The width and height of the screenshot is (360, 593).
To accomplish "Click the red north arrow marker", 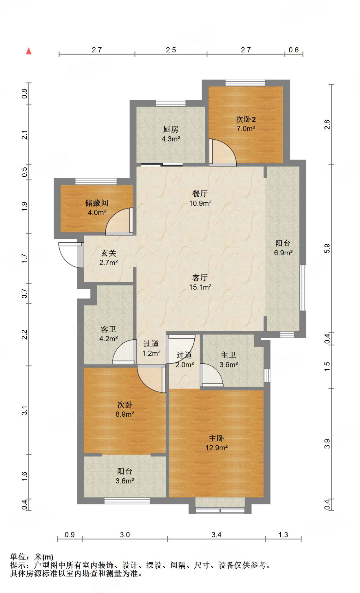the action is pyautogui.click(x=29, y=51).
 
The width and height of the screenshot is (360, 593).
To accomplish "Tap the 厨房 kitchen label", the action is pyautogui.click(x=171, y=129).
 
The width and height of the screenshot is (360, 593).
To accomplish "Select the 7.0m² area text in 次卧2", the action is pyautogui.click(x=246, y=129).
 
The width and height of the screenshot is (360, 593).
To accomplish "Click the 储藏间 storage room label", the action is pyautogui.click(x=97, y=203).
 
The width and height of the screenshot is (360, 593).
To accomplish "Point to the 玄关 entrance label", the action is pyautogui.click(x=109, y=253).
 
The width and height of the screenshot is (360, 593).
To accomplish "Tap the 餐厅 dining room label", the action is pyautogui.click(x=200, y=193).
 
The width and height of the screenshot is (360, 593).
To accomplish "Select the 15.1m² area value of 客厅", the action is pyautogui.click(x=200, y=287).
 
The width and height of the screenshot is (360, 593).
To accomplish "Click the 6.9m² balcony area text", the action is pyautogui.click(x=283, y=253).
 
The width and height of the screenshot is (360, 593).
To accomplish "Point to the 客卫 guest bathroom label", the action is pyautogui.click(x=109, y=329).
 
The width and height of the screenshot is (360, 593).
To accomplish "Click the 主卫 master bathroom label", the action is pyautogui.click(x=229, y=355).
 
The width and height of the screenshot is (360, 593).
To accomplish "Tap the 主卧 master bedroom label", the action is pyautogui.click(x=216, y=438).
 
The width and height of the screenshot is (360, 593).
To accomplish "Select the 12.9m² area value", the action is pyautogui.click(x=217, y=448).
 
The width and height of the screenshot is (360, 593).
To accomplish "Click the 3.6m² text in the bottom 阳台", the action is pyautogui.click(x=125, y=481).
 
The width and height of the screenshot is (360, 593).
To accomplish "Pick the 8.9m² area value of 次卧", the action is pyautogui.click(x=125, y=414).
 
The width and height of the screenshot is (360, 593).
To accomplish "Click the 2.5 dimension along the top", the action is pyautogui.click(x=171, y=50).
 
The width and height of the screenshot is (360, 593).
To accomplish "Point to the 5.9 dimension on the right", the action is pyautogui.click(x=327, y=249).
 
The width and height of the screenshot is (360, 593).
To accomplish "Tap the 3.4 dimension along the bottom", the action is pyautogui.click(x=216, y=535).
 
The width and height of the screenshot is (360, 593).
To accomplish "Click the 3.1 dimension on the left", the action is pyautogui.click(x=25, y=411).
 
